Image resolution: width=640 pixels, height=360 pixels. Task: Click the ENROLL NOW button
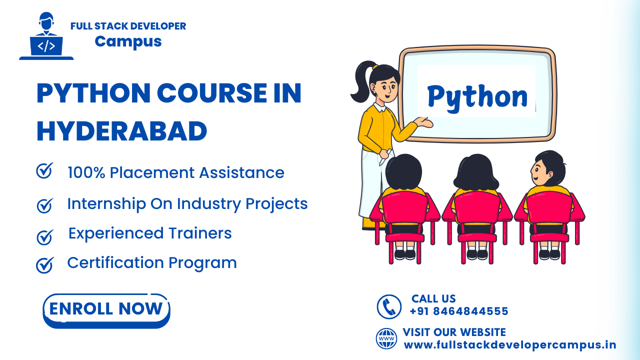pos(106,310)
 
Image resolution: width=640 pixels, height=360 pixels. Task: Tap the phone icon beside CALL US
pos(389,306)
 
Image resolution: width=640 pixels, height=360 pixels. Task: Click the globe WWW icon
pos(386,338)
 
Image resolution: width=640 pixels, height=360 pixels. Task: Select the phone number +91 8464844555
pos(459,311)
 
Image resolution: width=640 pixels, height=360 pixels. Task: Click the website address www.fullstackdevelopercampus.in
pos(509,345)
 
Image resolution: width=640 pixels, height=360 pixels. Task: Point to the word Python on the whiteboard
pos(477,97)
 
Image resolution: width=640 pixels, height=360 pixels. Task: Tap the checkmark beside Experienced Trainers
pos(45,237)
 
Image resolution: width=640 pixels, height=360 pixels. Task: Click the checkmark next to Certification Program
pos(45,265)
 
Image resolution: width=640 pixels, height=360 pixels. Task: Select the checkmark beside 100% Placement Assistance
pos(44,170)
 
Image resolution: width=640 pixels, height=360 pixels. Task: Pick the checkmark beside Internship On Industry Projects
pos(45,205)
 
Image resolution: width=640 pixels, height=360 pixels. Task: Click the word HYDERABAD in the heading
pos(121,131)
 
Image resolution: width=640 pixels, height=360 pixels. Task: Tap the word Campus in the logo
pos(128,41)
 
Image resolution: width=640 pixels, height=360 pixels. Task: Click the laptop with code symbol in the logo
pos(46,46)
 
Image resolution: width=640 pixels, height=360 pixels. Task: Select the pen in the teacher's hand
pos(385,157)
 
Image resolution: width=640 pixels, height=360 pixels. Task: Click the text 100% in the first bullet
pos(86,173)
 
